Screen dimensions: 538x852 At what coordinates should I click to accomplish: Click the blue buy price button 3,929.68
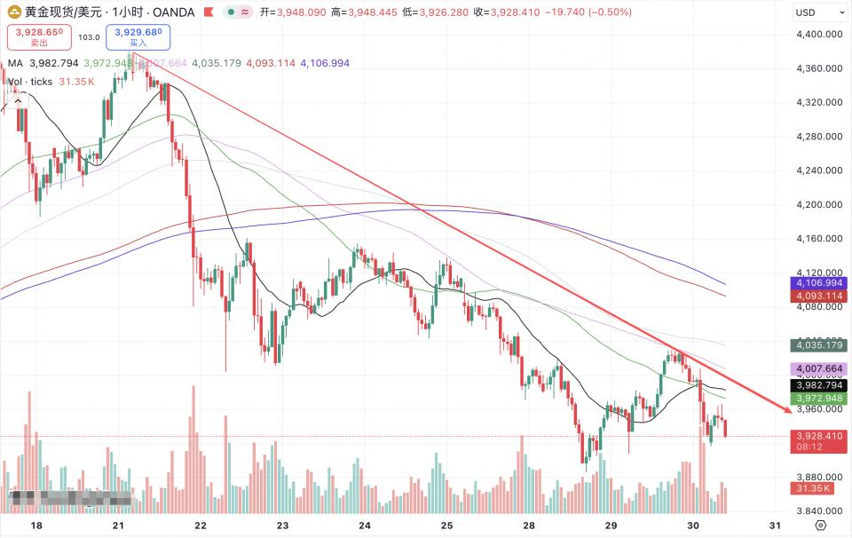[138, 37]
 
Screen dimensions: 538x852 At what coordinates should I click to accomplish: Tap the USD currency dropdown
[817, 12]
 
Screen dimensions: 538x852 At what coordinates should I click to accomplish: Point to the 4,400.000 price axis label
[817, 35]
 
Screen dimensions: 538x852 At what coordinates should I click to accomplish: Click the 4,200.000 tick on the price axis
[817, 205]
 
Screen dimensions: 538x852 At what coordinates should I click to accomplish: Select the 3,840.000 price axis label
[817, 511]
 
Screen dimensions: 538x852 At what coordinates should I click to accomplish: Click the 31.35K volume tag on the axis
[813, 488]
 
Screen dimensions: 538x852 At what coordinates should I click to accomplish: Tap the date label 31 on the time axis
[774, 526]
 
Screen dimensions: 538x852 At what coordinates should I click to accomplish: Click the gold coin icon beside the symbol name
[13, 12]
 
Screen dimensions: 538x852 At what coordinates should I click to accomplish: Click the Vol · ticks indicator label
[30, 82]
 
